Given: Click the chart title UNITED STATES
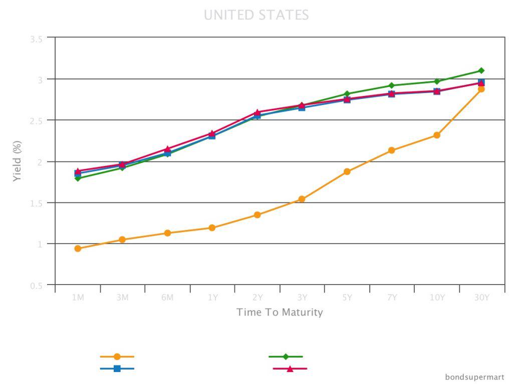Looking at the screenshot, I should tap(256, 15).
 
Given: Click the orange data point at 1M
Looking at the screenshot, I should tap(78, 248).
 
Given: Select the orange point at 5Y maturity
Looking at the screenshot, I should tap(347, 171).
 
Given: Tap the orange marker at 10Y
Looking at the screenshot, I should tap(437, 135).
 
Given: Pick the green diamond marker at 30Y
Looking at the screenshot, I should tap(481, 70).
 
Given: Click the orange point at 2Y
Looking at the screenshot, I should tap(257, 215).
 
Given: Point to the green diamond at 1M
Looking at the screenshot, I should tap(78, 178).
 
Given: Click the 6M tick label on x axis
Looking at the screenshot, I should tap(167, 297).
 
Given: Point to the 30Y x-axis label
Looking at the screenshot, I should tap(481, 297).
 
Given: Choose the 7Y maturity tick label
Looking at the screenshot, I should tap(392, 297).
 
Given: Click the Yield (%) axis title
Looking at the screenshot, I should tap(18, 161).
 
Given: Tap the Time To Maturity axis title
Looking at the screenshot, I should tap(280, 312).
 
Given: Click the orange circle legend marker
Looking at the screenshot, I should tap(117, 356).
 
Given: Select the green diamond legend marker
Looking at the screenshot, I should tap(286, 356).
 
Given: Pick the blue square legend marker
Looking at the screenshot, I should tap(117, 368).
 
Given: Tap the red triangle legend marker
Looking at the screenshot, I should tap(290, 368).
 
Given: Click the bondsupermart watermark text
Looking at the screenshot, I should tap(474, 377).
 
